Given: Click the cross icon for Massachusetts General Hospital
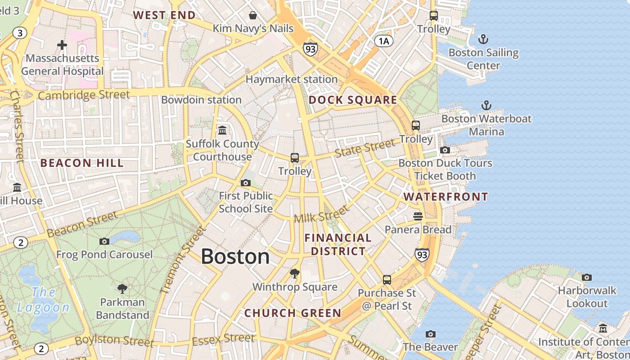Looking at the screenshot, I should [x=62, y=45].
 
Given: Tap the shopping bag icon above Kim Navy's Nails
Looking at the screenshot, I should [x=253, y=16].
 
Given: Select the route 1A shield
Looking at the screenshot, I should [x=384, y=41].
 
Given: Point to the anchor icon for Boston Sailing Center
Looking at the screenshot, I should [x=483, y=39].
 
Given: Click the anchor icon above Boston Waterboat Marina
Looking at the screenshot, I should [x=486, y=105].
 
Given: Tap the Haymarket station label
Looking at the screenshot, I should [x=291, y=79].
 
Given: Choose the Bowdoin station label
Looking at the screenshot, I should [x=201, y=100].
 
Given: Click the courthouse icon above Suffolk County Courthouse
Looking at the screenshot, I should [x=222, y=130].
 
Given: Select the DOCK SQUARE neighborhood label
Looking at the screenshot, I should [x=353, y=100].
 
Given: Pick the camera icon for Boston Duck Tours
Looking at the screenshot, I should [x=445, y=150].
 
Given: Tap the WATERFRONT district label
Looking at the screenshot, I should [x=445, y=197].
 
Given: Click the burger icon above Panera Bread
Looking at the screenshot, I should [x=418, y=216].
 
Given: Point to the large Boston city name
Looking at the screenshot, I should [x=235, y=256].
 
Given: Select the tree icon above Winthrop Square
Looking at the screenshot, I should [x=295, y=273].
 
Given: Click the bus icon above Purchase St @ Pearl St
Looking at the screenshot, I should [x=387, y=280].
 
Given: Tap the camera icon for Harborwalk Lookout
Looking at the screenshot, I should [x=587, y=277].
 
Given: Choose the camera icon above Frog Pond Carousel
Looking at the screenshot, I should [x=104, y=241].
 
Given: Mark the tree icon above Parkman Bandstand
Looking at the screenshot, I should [x=122, y=288].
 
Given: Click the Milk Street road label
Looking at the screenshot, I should [x=321, y=214].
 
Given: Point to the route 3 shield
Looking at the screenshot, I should [x=19, y=32].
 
